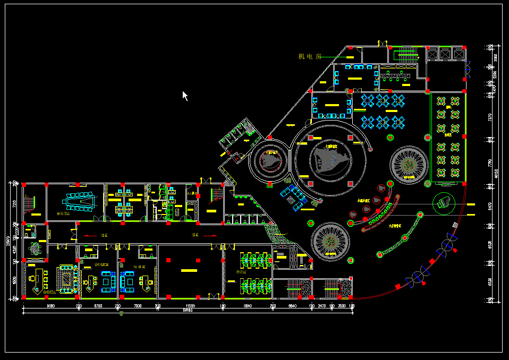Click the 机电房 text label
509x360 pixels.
310,56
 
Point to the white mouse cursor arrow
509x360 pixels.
185,96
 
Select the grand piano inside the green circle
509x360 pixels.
444,202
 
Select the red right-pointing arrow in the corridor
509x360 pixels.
210,235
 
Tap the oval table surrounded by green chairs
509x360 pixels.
36,248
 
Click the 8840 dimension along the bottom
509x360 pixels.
248,306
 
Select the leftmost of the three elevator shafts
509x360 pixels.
431,54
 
